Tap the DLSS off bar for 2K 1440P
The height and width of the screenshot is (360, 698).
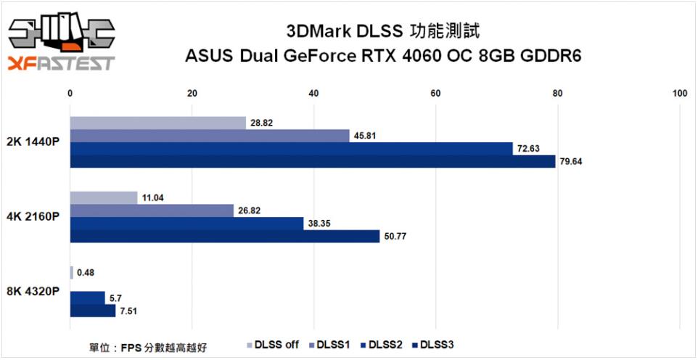(157, 123)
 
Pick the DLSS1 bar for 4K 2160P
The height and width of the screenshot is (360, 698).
(152, 210)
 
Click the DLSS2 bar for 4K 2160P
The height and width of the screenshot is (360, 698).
(186, 224)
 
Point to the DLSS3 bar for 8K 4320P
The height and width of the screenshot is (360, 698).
(92, 311)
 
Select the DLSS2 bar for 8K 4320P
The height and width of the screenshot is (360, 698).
(87, 298)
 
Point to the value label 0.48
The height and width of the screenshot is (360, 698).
(85, 273)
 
